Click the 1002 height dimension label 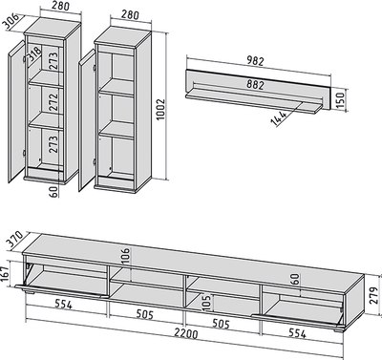pos(161,109)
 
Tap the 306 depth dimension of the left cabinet pos(11,22)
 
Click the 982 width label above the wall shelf pos(255,61)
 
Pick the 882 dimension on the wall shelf pos(255,85)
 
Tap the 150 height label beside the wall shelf pos(340,100)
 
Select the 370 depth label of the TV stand pos(13,240)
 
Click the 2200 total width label pos(186,333)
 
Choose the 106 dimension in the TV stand pos(126,257)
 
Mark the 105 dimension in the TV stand pos(206,304)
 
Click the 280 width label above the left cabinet pos(60,6)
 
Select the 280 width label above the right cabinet pos(130,14)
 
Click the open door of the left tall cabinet pos(16,112)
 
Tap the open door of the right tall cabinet pos(87,120)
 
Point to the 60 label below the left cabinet pos(54,191)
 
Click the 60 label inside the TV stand pos(295,279)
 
